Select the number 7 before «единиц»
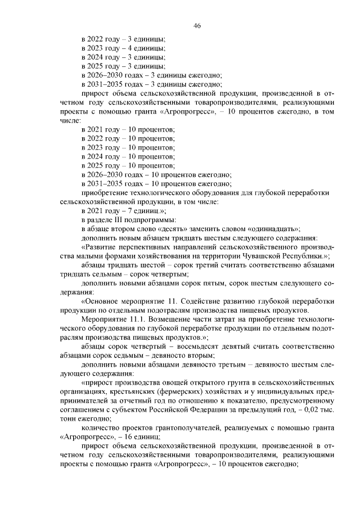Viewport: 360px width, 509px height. tap(124, 210)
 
